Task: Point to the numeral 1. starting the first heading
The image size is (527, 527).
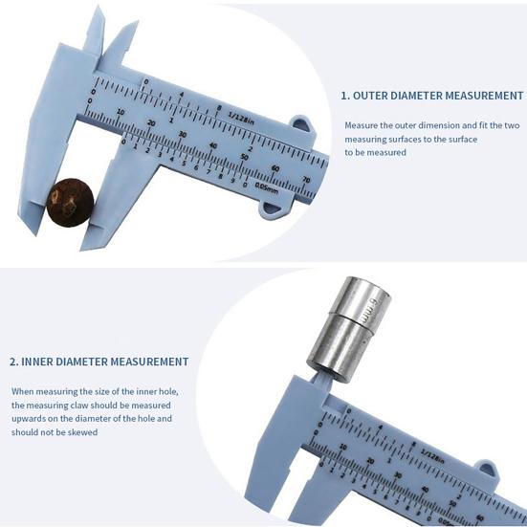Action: point(345,96)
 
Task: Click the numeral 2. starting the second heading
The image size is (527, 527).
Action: point(14,362)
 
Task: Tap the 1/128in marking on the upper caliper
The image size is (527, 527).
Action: point(245,114)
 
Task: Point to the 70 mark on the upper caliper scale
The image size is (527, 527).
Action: point(305,178)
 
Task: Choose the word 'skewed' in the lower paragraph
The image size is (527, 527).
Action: point(82,432)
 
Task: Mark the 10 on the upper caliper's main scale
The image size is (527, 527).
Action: point(121,112)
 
